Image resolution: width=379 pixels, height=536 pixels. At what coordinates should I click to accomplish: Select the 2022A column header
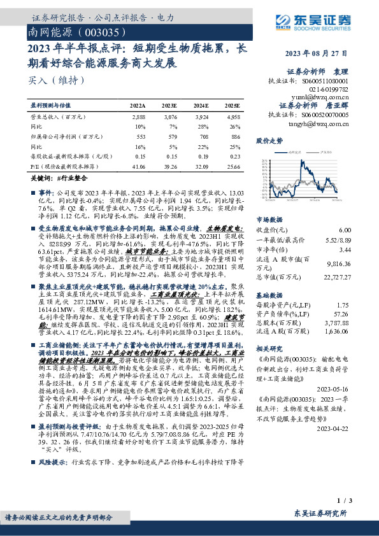click(138, 105)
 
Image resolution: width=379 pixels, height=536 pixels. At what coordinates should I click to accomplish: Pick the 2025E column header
click(232, 105)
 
